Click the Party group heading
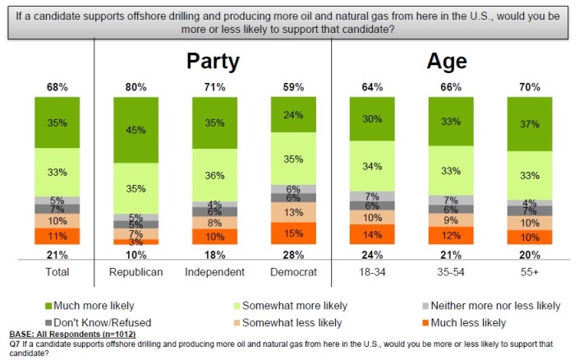pos(214,62)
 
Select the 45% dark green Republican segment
pos(136,130)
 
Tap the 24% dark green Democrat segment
pos(293,114)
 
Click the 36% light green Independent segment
pos(214,174)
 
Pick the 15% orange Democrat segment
pos(293,233)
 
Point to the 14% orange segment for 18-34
pos(372,234)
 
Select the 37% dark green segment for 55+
pos(529,124)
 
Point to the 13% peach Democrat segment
pos(293,212)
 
